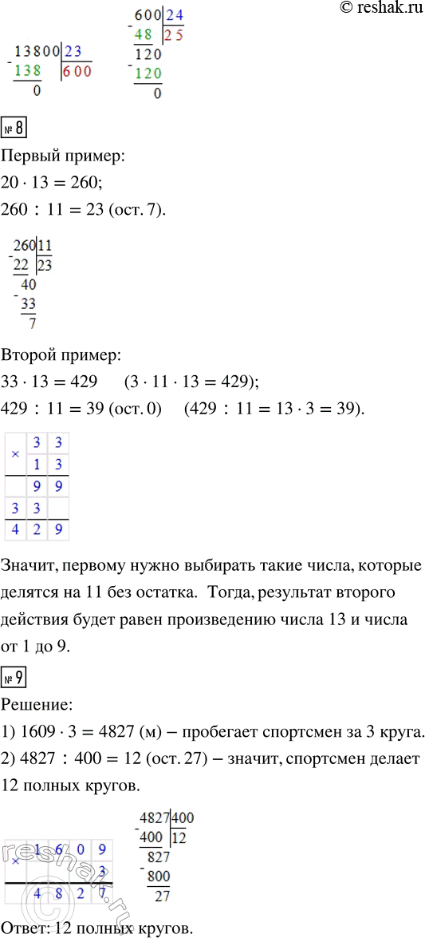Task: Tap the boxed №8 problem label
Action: pyautogui.click(x=16, y=128)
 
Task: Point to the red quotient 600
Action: pyautogui.click(x=78, y=70)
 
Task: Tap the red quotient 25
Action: pyautogui.click(x=175, y=34)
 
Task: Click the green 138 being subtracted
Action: pyautogui.click(x=28, y=70)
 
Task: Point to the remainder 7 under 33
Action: pyautogui.click(x=31, y=323)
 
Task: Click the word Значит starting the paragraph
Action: pyautogui.click(x=36, y=568)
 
